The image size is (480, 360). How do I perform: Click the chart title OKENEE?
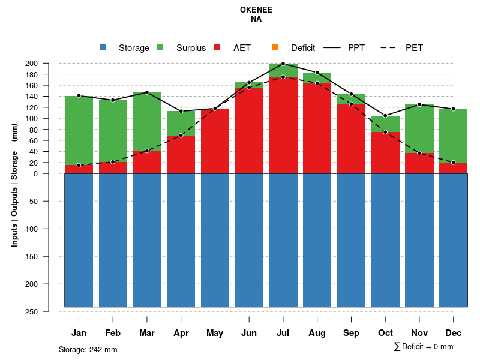256,10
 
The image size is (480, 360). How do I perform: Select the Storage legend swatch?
103,47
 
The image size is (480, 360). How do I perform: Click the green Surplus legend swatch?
160,47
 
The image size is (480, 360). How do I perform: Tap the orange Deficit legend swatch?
275,47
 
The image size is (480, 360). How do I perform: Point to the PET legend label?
414,47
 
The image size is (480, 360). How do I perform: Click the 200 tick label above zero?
48,64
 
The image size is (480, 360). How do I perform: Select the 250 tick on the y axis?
48,311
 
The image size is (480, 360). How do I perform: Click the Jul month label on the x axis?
283,333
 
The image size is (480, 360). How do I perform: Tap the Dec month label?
454,333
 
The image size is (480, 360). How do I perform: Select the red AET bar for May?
215,141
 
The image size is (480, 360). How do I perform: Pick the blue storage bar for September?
351,240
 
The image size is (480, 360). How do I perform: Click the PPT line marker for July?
283,64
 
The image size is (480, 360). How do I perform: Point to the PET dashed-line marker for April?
181,136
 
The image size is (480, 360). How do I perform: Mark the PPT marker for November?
419,105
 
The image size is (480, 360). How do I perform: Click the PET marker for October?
385,132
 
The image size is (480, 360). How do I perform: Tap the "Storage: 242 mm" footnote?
88,349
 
